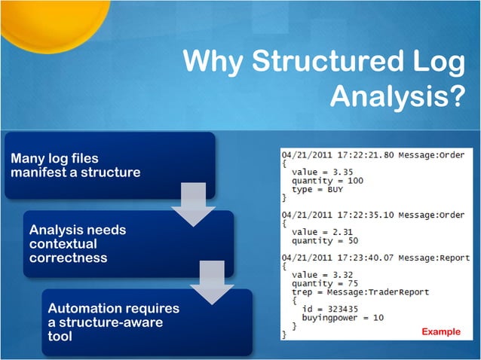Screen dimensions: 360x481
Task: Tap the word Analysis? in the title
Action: [397, 96]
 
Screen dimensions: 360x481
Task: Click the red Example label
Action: [440, 331]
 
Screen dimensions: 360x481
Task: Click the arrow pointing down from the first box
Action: [188, 205]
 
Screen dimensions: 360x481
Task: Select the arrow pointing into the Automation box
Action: [212, 283]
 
